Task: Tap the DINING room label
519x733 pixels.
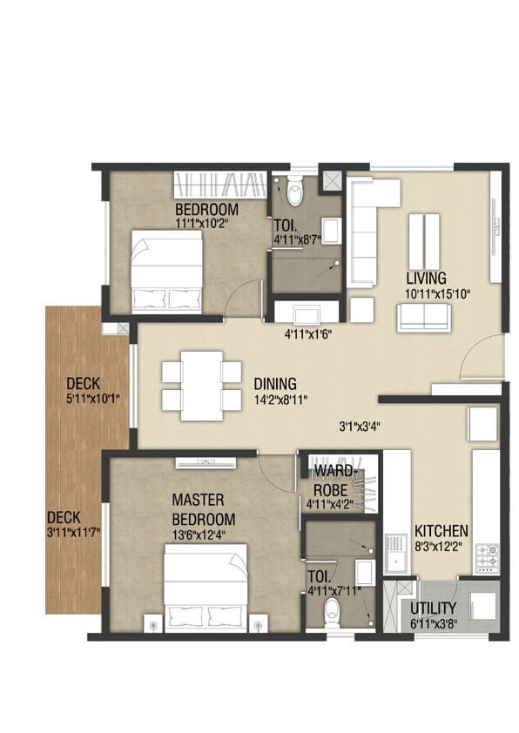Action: pos(275,384)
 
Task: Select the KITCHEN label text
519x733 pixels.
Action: pos(441,531)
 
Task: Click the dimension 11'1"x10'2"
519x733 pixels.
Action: pos(207,224)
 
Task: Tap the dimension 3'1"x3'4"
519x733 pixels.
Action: pos(359,427)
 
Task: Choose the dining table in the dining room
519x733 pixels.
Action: pos(201,384)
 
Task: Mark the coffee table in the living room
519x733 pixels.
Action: pos(424,234)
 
